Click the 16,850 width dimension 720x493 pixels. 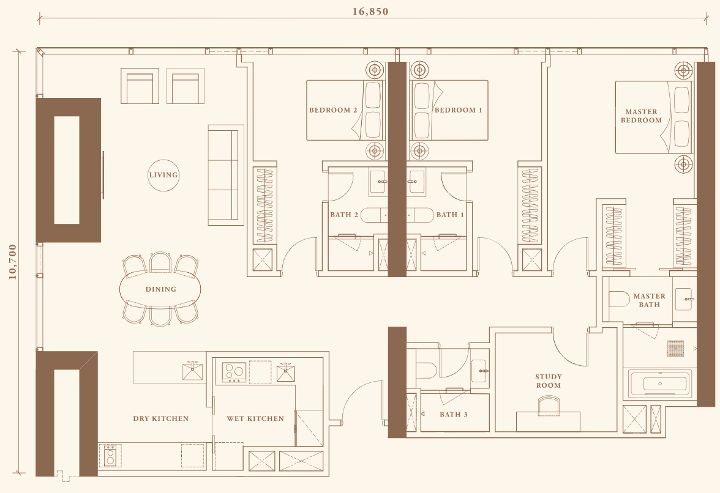370,12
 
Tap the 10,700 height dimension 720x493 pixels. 12,262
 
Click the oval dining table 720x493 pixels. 160,289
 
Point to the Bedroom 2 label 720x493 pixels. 333,110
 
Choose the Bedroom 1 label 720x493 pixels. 458,110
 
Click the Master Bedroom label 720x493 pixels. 642,116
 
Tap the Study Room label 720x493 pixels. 549,381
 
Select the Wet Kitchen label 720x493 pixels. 255,418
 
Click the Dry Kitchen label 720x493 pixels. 160,418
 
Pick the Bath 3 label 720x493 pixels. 453,415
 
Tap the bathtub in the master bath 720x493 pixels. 660,384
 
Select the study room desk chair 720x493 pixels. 549,404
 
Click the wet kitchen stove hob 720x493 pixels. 234,372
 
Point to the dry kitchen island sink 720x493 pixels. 193,371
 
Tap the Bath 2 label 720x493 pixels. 344,215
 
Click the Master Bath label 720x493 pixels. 649,300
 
